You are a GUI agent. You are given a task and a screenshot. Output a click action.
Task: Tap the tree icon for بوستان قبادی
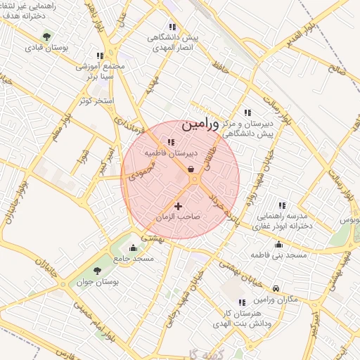pos(46,36)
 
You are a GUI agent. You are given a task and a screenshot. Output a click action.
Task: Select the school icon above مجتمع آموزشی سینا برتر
pos(100,55)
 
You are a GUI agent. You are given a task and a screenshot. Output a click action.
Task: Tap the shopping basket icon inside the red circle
pos(191,168)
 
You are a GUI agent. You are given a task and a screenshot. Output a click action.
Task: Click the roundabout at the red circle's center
pos(195,181)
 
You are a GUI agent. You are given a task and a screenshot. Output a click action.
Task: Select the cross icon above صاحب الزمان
pos(177,206)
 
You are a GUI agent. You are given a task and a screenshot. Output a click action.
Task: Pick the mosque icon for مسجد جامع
pos(134,247)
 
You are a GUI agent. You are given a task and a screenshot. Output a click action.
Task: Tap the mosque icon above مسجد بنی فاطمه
pos(279,244)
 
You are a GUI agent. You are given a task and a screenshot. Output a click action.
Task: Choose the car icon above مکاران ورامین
pos(276,288)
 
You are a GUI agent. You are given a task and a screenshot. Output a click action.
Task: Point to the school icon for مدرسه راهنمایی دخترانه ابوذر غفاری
pos(283,205)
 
